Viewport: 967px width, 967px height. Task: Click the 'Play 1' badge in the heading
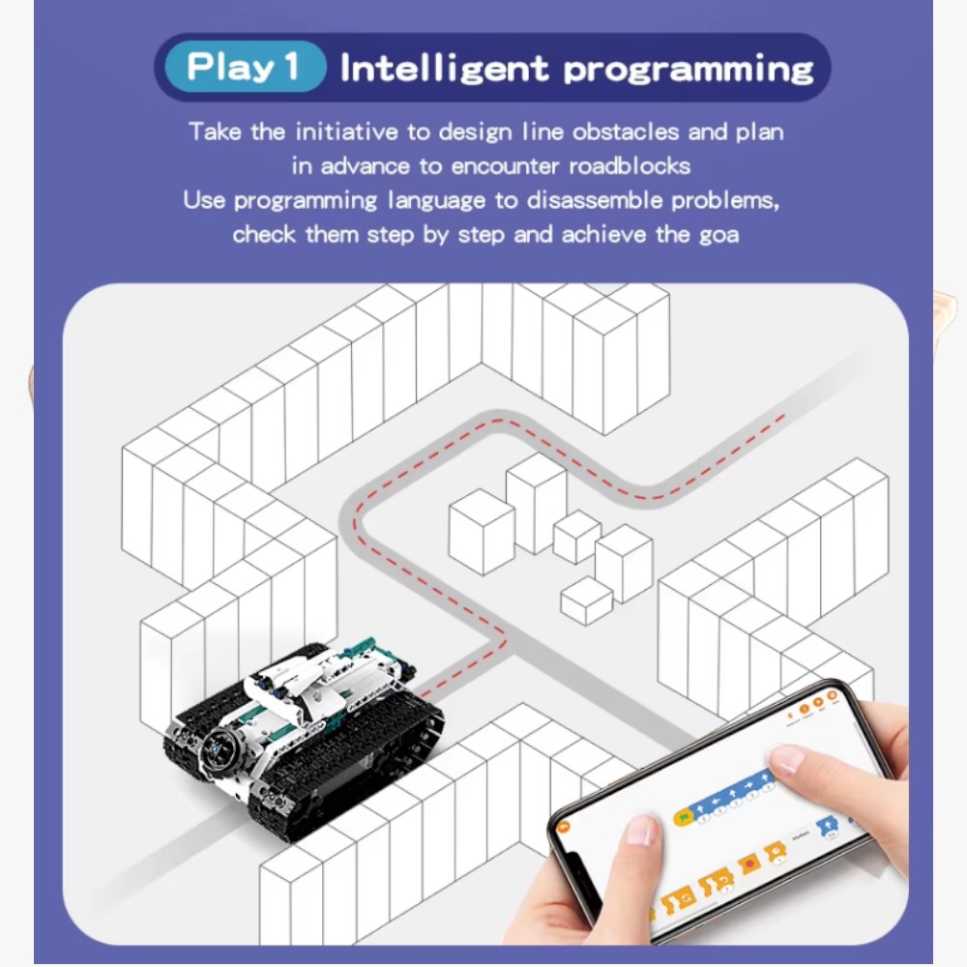243,68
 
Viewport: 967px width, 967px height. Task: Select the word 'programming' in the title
689,70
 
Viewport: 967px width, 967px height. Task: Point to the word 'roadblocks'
629,166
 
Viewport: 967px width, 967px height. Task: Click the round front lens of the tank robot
218,749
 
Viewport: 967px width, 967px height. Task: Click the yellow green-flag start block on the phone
683,817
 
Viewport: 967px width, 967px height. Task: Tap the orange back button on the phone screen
565,828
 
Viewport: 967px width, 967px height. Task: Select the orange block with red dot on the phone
747,861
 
